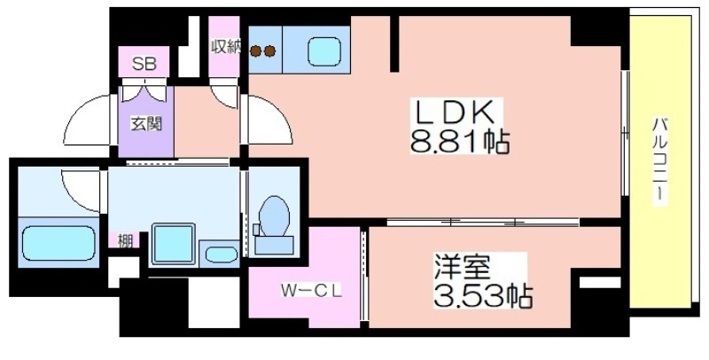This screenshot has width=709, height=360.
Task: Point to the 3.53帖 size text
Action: click(x=483, y=296)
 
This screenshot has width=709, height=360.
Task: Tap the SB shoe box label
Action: click(x=144, y=64)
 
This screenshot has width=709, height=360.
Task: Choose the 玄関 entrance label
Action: click(x=146, y=123)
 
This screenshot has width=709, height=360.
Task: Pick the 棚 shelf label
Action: click(x=125, y=241)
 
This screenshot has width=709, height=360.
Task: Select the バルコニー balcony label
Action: click(x=659, y=161)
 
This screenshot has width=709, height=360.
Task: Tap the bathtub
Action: click(x=58, y=243)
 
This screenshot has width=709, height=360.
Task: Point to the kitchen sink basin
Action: click(x=324, y=51)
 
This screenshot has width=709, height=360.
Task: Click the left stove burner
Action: click(x=256, y=51)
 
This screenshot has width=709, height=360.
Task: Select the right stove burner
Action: click(x=269, y=51)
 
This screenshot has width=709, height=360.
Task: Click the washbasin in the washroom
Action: click(x=221, y=254)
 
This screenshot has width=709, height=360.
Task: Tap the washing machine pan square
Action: click(x=173, y=243)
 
